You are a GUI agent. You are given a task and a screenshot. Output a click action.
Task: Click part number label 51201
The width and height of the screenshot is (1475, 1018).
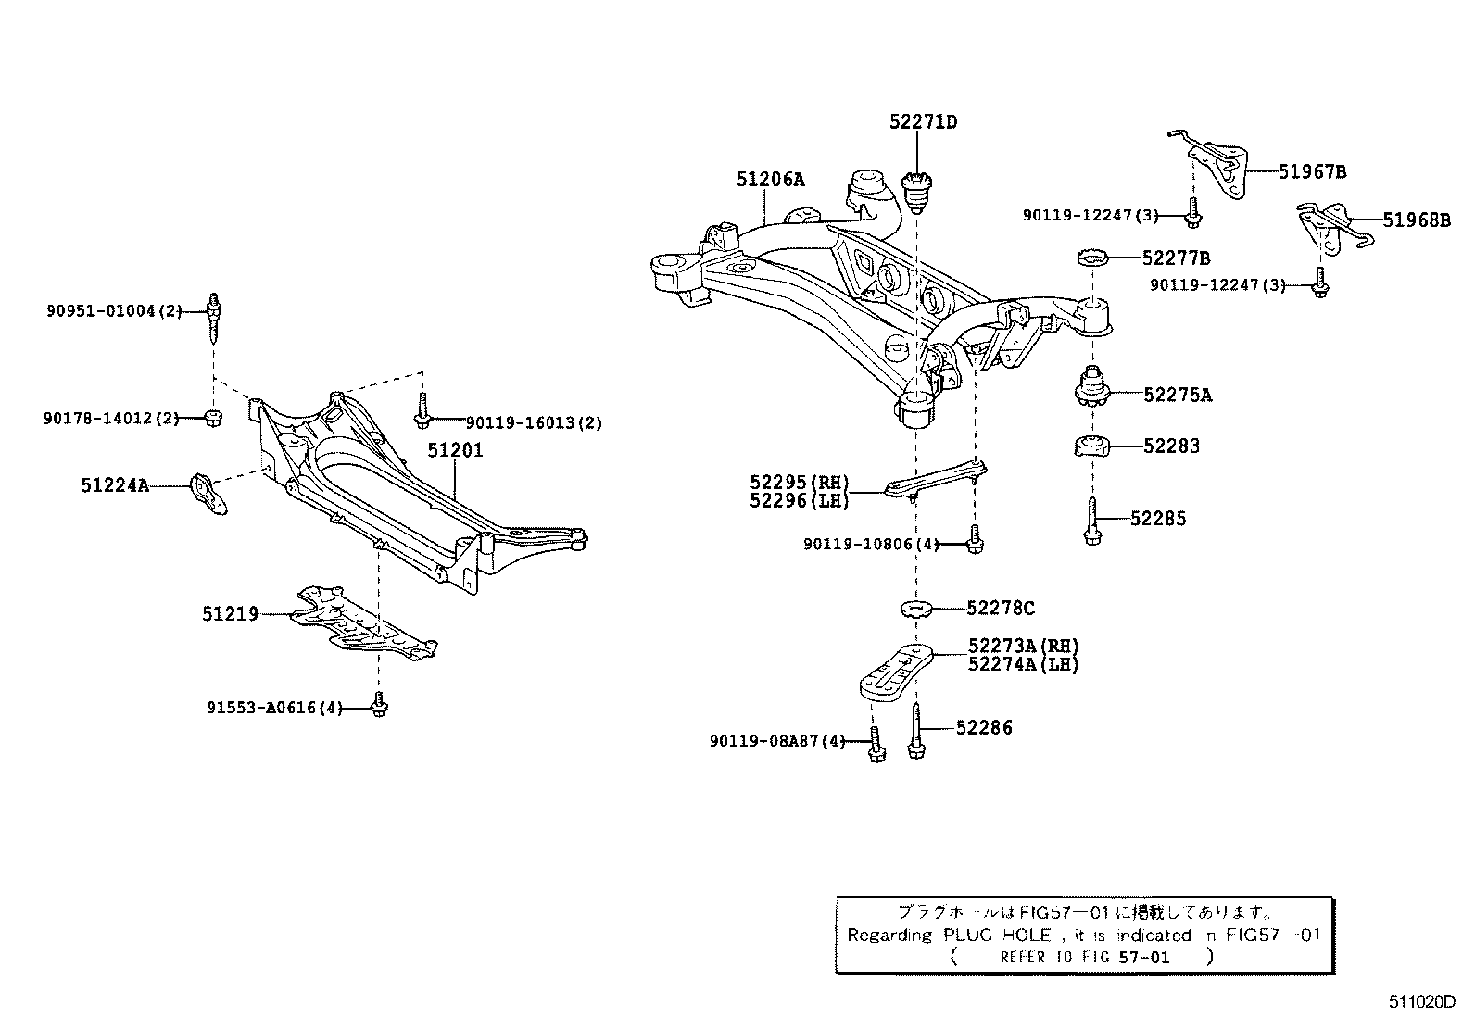pyautogui.click(x=455, y=451)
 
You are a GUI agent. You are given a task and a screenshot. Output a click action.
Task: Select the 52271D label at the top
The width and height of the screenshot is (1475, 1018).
pyautogui.click(x=923, y=122)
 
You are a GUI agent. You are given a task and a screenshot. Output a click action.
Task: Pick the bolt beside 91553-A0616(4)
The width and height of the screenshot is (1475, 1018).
pyautogui.click(x=378, y=706)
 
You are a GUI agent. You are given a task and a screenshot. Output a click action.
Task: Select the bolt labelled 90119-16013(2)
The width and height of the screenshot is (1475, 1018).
pyautogui.click(x=422, y=411)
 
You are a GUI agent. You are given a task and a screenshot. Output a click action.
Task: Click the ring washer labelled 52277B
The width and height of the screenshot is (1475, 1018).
pyautogui.click(x=1093, y=257)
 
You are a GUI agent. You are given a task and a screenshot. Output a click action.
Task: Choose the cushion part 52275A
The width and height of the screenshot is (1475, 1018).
pyautogui.click(x=1091, y=389)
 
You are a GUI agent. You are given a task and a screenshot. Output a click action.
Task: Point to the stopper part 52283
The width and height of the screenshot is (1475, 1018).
pyautogui.click(x=1092, y=446)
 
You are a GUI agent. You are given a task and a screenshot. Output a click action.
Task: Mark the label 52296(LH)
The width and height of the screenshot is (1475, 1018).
pyautogui.click(x=799, y=501)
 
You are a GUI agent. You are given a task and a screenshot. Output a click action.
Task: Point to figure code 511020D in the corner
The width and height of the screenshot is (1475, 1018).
pyautogui.click(x=1421, y=1001)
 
